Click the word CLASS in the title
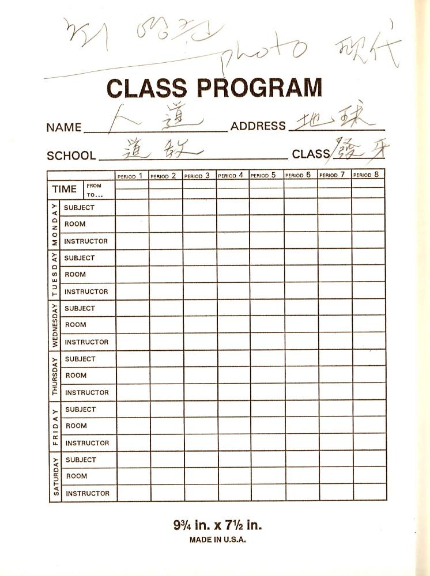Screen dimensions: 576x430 [x=147, y=88]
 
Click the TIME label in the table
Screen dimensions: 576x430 [x=64, y=190]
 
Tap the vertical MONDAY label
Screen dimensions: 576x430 [x=55, y=224]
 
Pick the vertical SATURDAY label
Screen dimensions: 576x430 [x=56, y=476]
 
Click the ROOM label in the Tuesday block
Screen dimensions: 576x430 [x=75, y=275]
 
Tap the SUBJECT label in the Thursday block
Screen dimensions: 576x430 [x=80, y=359]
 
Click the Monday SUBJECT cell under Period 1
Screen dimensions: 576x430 [x=132, y=207]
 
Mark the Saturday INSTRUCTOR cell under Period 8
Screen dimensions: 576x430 [x=369, y=493]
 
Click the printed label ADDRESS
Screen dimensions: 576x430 [x=258, y=126]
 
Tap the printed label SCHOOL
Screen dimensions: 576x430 [x=71, y=156]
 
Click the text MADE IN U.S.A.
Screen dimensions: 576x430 [x=217, y=540]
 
